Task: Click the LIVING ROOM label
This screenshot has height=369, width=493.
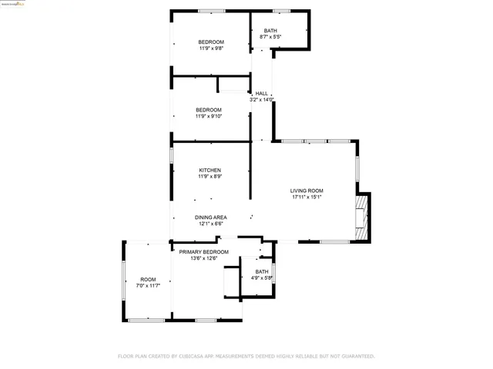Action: click(306, 191)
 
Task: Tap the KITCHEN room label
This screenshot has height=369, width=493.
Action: click(210, 170)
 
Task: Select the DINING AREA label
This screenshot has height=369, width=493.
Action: click(210, 218)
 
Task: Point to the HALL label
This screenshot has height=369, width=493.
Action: click(262, 94)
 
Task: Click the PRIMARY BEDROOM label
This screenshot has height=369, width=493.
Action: click(204, 252)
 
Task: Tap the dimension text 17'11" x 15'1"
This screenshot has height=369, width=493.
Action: click(306, 198)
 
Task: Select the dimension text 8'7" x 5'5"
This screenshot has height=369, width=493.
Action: click(270, 36)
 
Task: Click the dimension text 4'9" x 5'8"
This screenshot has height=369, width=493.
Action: click(262, 278)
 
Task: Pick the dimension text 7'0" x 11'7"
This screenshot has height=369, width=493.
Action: click(148, 286)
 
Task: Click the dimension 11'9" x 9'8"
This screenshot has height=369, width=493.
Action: click(210, 48)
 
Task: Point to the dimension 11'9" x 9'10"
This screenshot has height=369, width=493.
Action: click(210, 116)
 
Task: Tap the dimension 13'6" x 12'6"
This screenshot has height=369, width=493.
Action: click(204, 258)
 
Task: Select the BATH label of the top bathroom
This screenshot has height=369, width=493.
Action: click(270, 30)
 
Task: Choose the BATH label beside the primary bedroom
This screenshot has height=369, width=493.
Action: click(262, 271)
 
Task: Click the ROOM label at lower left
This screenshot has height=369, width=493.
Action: click(148, 279)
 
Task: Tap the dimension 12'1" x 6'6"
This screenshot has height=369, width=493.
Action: click(210, 224)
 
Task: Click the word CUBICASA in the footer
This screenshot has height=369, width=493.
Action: click(200, 357)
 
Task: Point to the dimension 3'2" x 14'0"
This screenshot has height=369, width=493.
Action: click(262, 100)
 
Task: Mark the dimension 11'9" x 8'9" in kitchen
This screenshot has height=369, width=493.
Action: click(210, 177)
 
